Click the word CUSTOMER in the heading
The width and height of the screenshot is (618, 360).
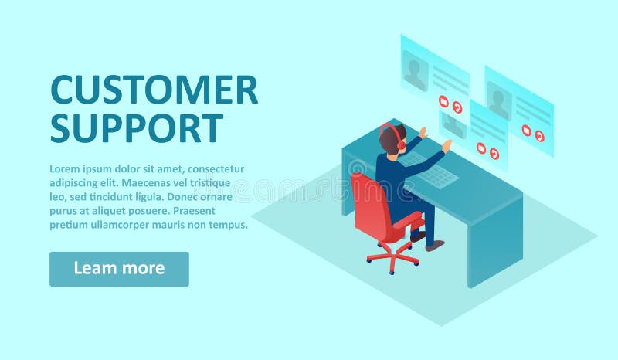click(x=154, y=90)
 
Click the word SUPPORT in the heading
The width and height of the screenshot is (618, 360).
click(x=137, y=127)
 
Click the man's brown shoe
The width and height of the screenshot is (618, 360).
click(x=436, y=245)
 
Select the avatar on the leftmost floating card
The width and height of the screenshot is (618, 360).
click(x=415, y=71)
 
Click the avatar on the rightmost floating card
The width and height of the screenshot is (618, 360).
click(x=498, y=101)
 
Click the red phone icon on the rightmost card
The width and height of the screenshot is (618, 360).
click(x=539, y=136)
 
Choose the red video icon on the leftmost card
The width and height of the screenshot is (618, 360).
click(x=443, y=101)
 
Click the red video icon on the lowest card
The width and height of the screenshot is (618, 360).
click(x=480, y=148)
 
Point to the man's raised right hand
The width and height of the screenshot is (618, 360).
click(x=447, y=145)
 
